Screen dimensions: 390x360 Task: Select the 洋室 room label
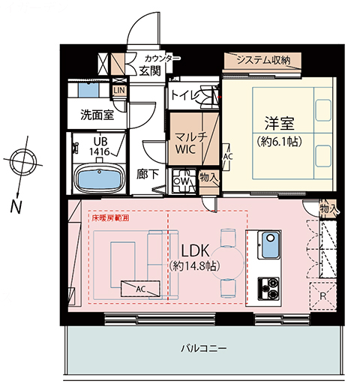click(x=275, y=122)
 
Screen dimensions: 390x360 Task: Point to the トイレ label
click(x=184, y=95)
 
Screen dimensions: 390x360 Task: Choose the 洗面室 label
click(x=97, y=115)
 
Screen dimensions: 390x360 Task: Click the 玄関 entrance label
click(x=149, y=71)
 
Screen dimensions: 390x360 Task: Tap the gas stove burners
click(x=269, y=286)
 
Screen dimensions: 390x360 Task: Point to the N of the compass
click(x=16, y=204)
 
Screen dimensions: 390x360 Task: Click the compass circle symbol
click(x=23, y=161)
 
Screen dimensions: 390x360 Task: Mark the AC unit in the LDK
click(x=140, y=287)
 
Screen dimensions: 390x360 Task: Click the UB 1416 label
click(x=100, y=145)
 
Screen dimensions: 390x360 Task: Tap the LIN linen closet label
click(x=119, y=90)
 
